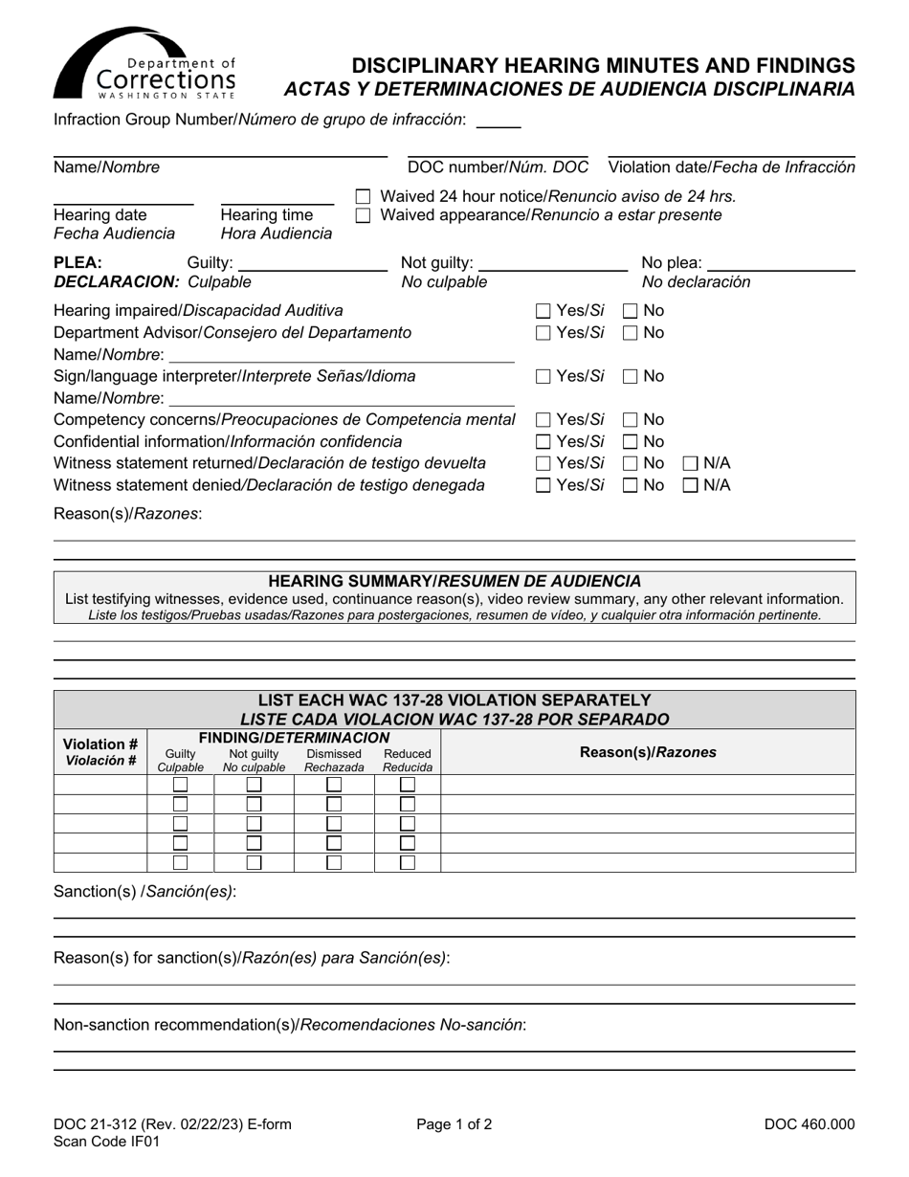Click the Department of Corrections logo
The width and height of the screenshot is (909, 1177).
(144, 64)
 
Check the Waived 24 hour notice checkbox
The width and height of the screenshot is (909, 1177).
(363, 196)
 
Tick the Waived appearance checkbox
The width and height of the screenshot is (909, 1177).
(363, 216)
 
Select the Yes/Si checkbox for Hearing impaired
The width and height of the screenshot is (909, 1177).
(543, 311)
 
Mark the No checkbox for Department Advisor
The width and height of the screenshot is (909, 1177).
(632, 333)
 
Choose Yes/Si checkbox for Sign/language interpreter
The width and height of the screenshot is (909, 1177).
(543, 377)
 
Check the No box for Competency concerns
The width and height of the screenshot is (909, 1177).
(632, 420)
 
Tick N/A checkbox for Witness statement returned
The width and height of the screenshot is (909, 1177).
(691, 464)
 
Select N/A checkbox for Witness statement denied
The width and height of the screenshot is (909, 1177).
(691, 486)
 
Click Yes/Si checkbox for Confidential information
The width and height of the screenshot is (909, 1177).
(543, 442)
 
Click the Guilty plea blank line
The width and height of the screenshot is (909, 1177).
(311, 264)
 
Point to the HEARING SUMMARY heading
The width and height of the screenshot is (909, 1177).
(454, 581)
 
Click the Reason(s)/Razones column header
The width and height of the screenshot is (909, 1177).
(648, 752)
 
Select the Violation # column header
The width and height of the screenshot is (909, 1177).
(100, 752)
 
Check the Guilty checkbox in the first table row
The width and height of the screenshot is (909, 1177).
(180, 785)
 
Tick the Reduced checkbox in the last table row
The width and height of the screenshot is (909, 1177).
(408, 862)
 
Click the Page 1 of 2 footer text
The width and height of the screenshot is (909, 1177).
(454, 1125)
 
